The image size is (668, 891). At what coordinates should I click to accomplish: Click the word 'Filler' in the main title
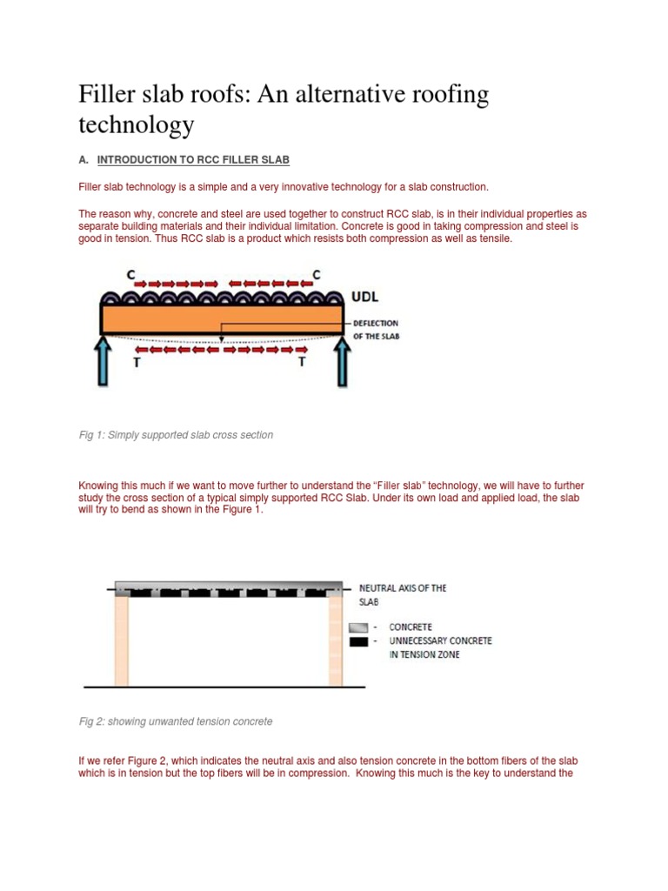pyautogui.click(x=109, y=94)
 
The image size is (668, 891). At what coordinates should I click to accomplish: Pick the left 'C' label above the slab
pyautogui.click(x=130, y=275)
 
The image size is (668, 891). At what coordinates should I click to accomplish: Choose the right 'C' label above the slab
pyautogui.click(x=317, y=275)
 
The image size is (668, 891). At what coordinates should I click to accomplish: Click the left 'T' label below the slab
pyautogui.click(x=136, y=363)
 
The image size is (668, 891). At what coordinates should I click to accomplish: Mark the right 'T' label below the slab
pyautogui.click(x=303, y=363)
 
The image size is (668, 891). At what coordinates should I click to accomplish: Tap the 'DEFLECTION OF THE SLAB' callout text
pyautogui.click(x=376, y=330)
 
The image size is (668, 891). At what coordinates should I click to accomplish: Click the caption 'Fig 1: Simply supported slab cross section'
pyautogui.click(x=176, y=435)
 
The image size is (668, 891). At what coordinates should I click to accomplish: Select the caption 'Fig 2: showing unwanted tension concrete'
pyautogui.click(x=175, y=721)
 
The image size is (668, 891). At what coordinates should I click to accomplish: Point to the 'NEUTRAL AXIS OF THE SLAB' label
pyautogui.click(x=402, y=594)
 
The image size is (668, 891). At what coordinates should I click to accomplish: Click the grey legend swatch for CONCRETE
pyautogui.click(x=357, y=627)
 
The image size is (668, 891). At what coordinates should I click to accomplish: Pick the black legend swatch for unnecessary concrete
pyautogui.click(x=357, y=641)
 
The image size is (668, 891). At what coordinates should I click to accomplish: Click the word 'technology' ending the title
pyautogui.click(x=136, y=125)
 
